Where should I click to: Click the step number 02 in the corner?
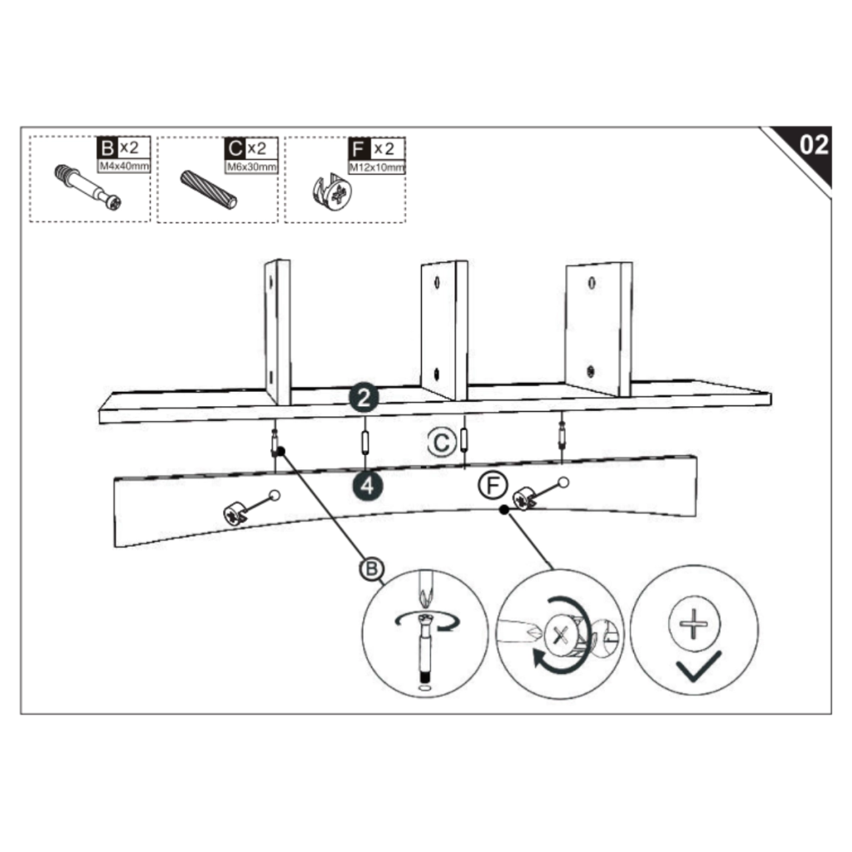point(813,145)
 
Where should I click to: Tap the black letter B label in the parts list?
point(106,149)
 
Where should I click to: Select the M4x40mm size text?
point(123,166)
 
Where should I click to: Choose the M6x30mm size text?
point(251,166)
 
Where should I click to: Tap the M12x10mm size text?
point(379,166)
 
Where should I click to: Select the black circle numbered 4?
point(366,486)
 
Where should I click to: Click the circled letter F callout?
point(493,485)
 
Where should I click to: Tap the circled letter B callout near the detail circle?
point(371,569)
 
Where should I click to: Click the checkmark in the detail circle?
point(698,667)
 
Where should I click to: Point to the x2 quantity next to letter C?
point(258,149)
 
